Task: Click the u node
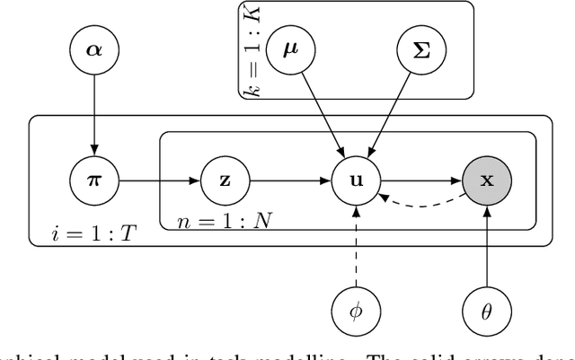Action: tap(357, 180)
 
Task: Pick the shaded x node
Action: tap(487, 180)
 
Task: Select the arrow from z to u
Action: tap(289, 180)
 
